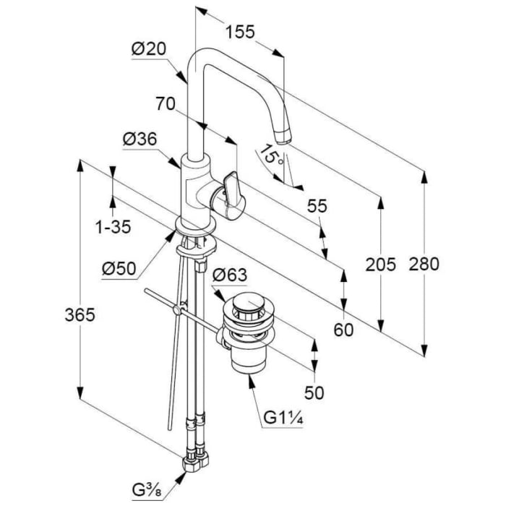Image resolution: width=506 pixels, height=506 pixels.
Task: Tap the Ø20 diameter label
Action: (x=150, y=49)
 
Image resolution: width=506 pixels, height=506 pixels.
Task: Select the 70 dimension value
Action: (x=167, y=104)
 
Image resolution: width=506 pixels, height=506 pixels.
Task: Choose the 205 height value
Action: (x=380, y=265)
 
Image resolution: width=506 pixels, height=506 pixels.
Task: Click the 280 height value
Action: (x=424, y=265)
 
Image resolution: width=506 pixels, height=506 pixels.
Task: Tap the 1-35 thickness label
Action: (x=113, y=227)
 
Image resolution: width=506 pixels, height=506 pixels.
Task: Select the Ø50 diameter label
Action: (x=119, y=268)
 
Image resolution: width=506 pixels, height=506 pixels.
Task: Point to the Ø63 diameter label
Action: (x=231, y=275)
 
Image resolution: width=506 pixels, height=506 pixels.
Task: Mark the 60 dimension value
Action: (x=344, y=330)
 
